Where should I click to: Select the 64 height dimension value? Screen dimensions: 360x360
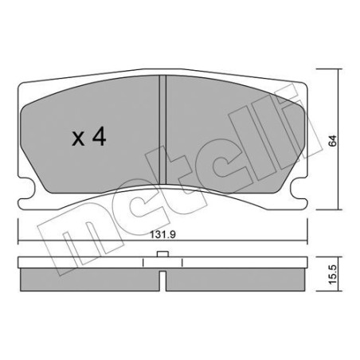(x=331, y=140)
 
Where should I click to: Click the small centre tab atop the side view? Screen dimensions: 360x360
(x=162, y=255)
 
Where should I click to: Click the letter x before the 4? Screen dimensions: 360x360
(x=80, y=139)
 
